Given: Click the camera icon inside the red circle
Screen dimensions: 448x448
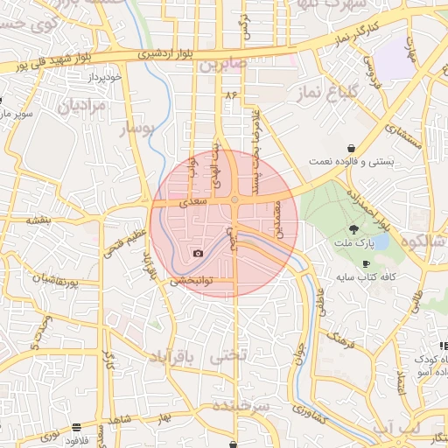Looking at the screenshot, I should [198, 254].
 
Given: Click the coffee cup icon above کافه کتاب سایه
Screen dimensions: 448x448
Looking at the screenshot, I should [365, 264].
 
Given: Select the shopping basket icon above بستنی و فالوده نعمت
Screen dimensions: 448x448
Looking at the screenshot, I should [351, 148].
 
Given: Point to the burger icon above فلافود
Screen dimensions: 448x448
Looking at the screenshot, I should [77, 427].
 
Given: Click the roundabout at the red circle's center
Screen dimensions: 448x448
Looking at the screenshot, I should [234, 201].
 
